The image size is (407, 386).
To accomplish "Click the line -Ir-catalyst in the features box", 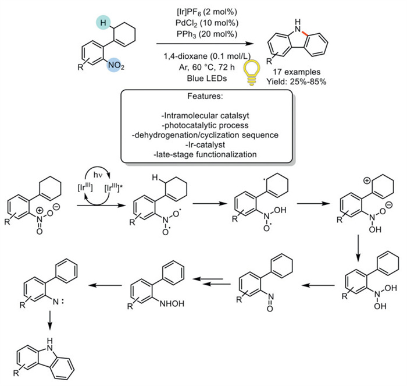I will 203,146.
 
